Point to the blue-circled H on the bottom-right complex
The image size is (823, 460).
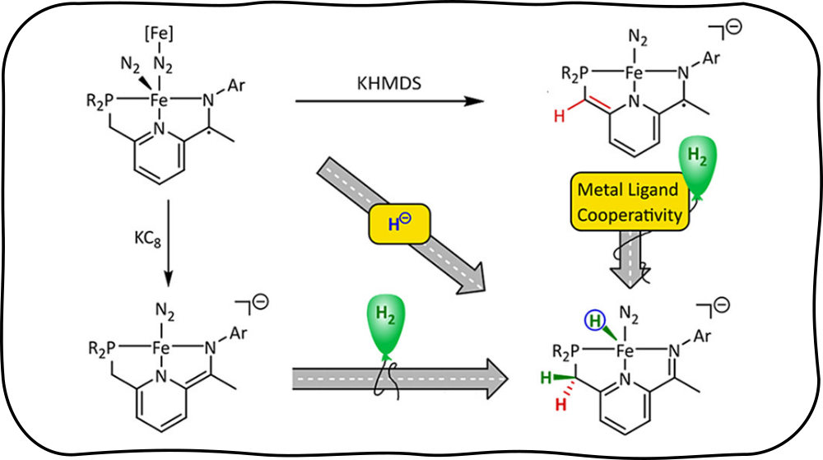point(593,320)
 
